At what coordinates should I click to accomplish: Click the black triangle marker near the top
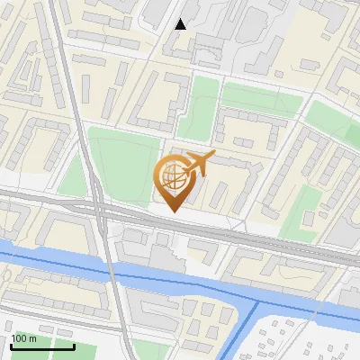coord(181,24)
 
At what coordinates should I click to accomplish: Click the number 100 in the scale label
coord(19,337)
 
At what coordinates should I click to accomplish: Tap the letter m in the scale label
coord(32,337)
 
